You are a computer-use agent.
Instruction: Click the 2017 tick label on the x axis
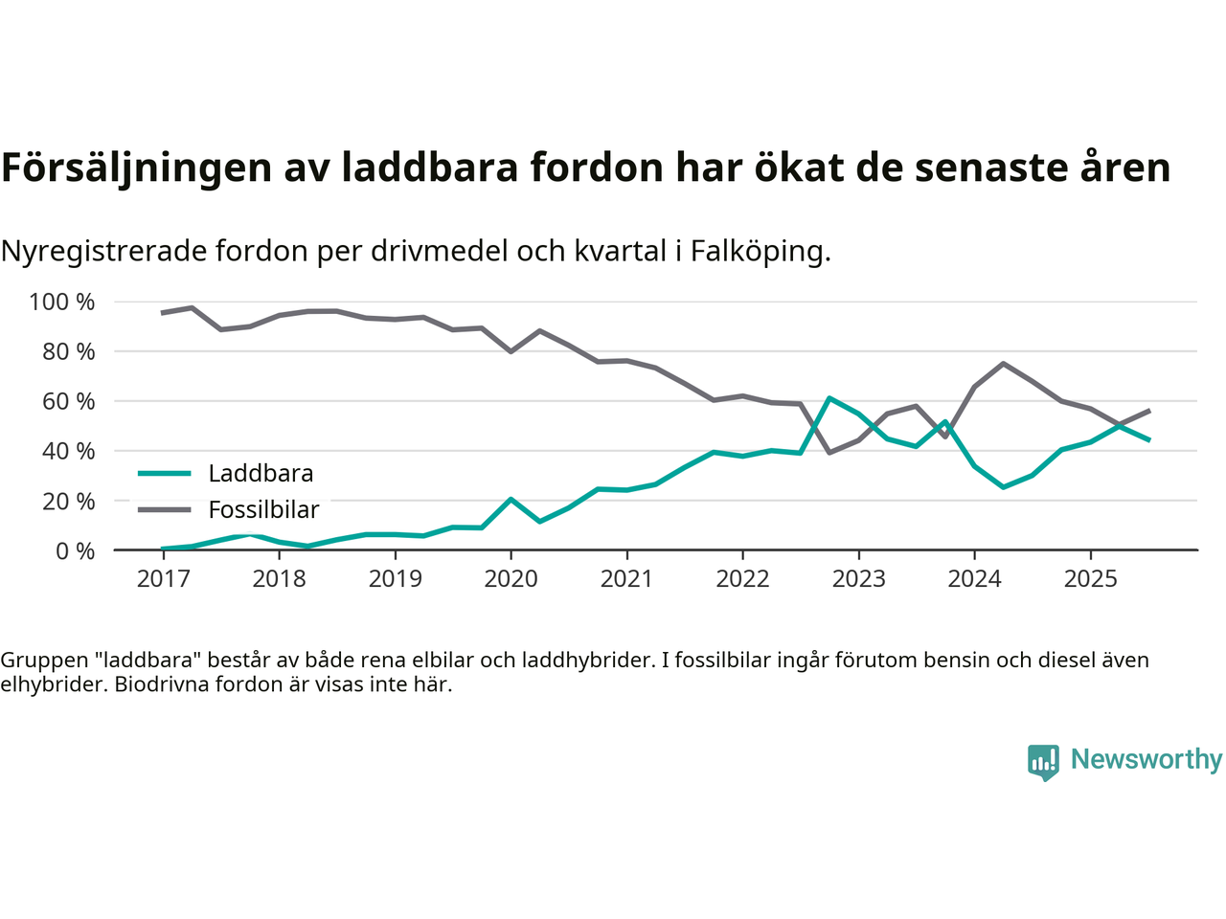(x=163, y=578)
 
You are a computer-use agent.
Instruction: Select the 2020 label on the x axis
(x=511, y=578)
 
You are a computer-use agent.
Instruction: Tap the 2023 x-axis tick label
(x=858, y=578)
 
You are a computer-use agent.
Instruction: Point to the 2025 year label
(x=1090, y=578)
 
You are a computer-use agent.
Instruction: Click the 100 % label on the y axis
(x=62, y=303)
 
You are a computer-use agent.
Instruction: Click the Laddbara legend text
(x=261, y=474)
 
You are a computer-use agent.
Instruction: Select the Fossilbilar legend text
(x=263, y=510)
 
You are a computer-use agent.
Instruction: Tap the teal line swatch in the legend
(x=164, y=473)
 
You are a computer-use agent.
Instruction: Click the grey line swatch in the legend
(x=164, y=509)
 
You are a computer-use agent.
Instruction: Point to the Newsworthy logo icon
(x=1043, y=762)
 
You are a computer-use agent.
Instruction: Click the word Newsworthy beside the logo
(x=1147, y=759)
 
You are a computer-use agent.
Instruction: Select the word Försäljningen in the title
(x=137, y=168)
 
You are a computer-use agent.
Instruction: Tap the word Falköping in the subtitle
(x=760, y=251)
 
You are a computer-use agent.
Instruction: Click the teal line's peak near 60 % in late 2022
(x=829, y=397)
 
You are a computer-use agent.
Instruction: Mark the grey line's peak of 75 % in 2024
(x=1003, y=364)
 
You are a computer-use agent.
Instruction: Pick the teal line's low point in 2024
(x=1003, y=487)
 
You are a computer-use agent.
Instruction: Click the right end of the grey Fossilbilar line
(x=1148, y=411)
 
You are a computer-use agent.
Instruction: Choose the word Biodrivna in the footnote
(x=161, y=684)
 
